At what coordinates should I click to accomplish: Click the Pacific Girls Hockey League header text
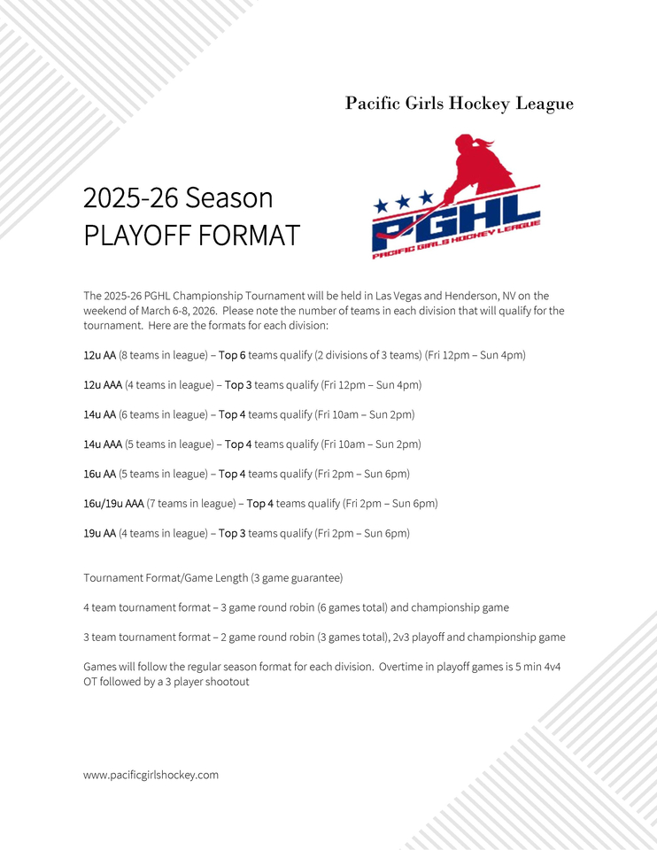click(459, 104)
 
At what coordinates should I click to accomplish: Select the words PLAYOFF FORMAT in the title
click(191, 236)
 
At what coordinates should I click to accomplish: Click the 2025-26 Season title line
click(178, 197)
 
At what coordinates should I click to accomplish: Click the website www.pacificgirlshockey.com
click(151, 775)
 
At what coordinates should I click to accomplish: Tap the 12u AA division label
click(99, 355)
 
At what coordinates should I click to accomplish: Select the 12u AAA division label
click(103, 385)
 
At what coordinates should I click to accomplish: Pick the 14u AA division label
click(99, 414)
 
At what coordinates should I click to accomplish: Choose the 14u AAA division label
click(103, 444)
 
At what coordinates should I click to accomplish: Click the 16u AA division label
click(99, 474)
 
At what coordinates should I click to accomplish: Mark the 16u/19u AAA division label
click(113, 504)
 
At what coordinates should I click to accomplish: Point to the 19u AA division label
click(99, 533)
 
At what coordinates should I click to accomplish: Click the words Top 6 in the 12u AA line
click(232, 355)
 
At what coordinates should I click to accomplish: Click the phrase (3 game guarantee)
click(298, 577)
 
